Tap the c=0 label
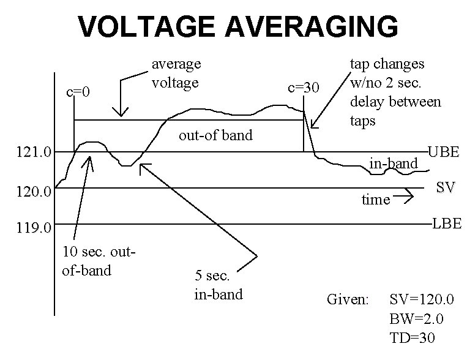point(78,92)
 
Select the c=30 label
point(304,88)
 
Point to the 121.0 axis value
point(35,152)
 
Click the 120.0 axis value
point(35,193)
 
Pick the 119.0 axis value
point(35,230)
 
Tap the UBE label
point(443,152)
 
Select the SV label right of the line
point(445,188)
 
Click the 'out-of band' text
point(215,135)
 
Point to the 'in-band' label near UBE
point(393,163)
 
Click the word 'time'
point(376,200)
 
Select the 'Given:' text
point(348,300)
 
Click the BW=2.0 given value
point(416,319)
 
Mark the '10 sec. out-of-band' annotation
point(99,261)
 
